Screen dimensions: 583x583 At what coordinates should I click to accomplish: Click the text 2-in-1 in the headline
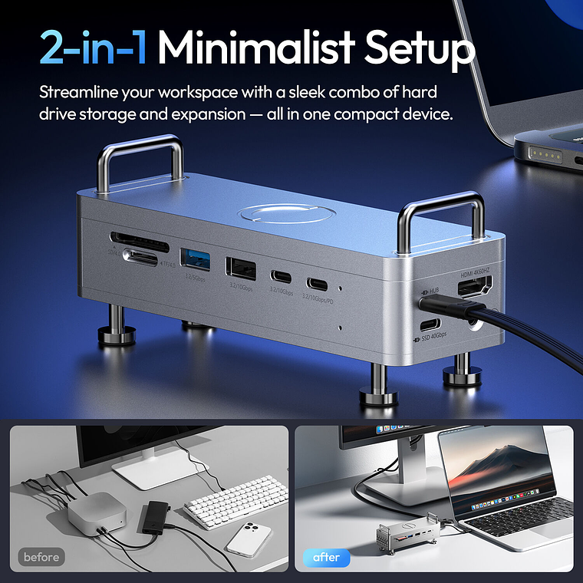[x=94, y=48]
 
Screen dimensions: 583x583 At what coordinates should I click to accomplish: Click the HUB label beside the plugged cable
[x=434, y=292]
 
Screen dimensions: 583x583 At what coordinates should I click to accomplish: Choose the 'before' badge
[x=41, y=557]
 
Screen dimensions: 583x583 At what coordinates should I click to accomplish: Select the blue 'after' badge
[x=326, y=557]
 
